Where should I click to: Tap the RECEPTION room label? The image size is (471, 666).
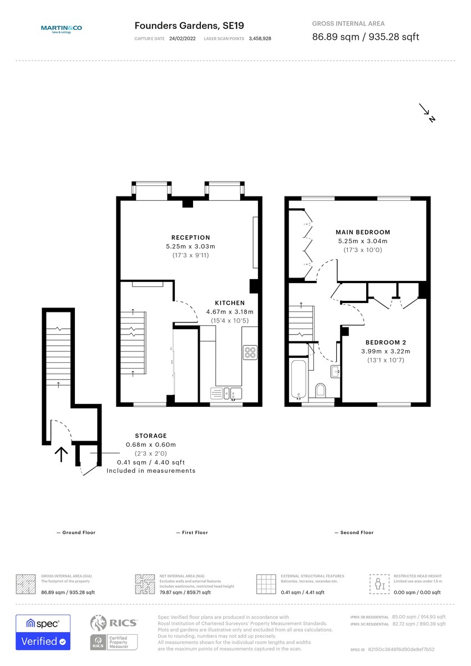point(190,238)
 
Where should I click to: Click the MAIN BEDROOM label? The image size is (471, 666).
point(363,232)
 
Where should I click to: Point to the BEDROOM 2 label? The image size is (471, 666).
point(386,342)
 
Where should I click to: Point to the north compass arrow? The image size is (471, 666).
point(427,112)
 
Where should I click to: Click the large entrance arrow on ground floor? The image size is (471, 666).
point(61,455)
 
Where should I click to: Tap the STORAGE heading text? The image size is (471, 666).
point(151,436)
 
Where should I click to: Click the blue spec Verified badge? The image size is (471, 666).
point(43,632)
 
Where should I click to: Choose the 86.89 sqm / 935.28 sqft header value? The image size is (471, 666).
point(366,37)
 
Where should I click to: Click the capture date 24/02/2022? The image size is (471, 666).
point(182,39)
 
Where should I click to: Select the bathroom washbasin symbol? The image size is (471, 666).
point(335,371)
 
